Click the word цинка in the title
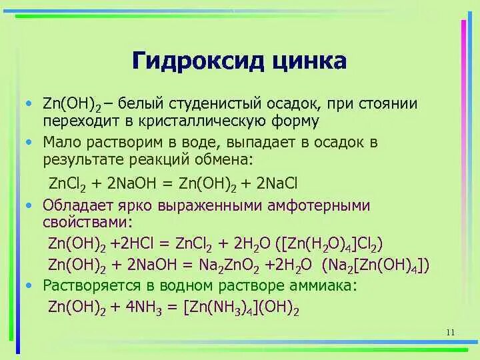[309, 61]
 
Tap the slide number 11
[449, 333]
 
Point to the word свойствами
[88, 222]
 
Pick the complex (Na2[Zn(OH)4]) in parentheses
[375, 265]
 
